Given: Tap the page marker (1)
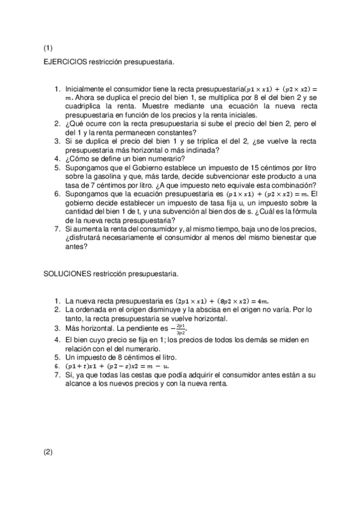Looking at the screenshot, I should (48, 48).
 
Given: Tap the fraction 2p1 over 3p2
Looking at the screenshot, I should (180, 329).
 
